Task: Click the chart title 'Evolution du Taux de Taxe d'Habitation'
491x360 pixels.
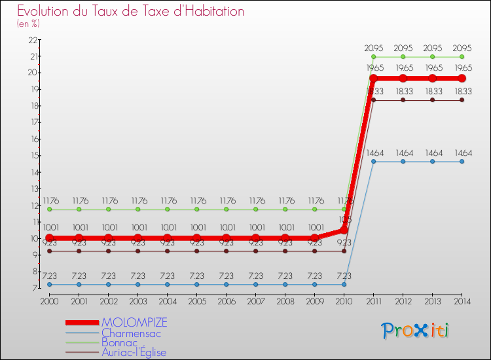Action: (131, 12)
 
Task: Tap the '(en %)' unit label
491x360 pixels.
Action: (29, 24)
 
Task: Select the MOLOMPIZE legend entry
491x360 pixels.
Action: (134, 322)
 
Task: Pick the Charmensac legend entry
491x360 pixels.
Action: (131, 333)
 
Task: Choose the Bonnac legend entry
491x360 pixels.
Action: (120, 342)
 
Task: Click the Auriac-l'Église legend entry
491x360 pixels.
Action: (134, 352)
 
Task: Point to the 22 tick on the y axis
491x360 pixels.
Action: (31, 39)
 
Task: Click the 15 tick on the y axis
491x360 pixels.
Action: (31, 156)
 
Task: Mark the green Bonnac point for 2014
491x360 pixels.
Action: (462, 57)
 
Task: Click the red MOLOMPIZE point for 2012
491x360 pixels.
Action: (403, 79)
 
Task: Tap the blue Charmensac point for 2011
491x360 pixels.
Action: (373, 162)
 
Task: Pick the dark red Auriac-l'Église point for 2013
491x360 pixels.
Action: (432, 100)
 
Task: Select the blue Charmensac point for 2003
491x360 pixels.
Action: (137, 285)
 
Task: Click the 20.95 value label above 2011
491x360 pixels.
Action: (373, 48)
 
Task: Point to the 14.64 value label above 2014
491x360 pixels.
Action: (462, 153)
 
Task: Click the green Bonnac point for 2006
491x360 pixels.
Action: (226, 209)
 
